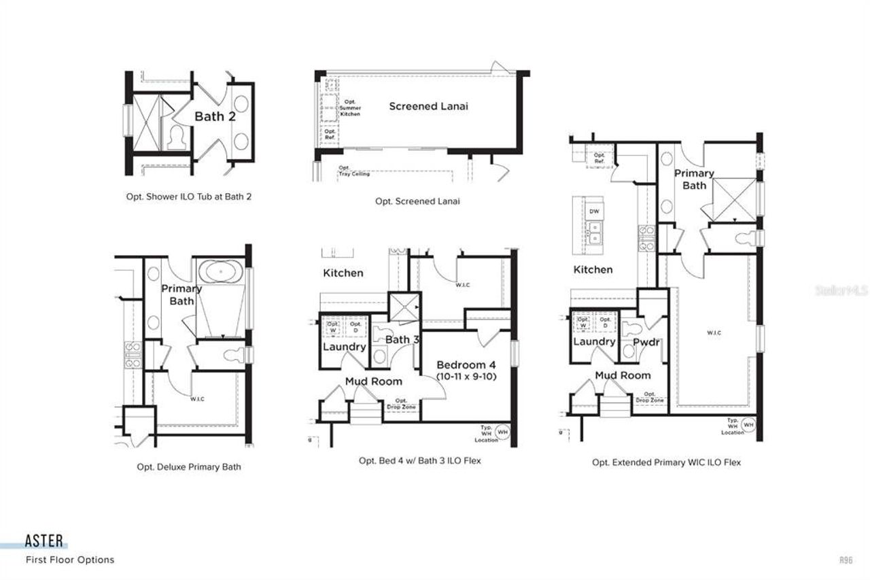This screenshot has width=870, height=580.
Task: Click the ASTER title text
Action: pyautogui.click(x=44, y=541)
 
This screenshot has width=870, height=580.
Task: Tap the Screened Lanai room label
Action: pyautogui.click(x=428, y=106)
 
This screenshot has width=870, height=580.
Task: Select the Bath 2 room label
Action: pyautogui.click(x=215, y=116)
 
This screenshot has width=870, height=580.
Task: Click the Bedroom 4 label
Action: pyautogui.click(x=466, y=364)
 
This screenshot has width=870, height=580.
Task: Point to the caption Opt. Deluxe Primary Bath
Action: pyautogui.click(x=188, y=467)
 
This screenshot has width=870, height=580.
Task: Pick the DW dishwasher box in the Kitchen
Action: pyautogui.click(x=594, y=211)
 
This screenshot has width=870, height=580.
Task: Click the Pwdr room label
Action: pyautogui.click(x=646, y=342)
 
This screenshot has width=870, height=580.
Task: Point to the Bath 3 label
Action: pyautogui.click(x=398, y=339)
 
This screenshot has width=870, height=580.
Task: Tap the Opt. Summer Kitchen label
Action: pyautogui.click(x=350, y=107)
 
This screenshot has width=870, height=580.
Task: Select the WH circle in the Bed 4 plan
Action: pyautogui.click(x=502, y=431)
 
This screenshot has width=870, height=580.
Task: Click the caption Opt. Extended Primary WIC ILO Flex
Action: pyautogui.click(x=666, y=462)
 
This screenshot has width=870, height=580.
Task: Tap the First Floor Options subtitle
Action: pyautogui.click(x=70, y=560)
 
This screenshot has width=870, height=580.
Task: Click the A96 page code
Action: pyautogui.click(x=846, y=560)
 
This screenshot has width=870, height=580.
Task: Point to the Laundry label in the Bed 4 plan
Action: pyautogui.click(x=344, y=347)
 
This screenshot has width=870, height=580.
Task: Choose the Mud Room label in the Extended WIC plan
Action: pyautogui.click(x=623, y=375)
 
